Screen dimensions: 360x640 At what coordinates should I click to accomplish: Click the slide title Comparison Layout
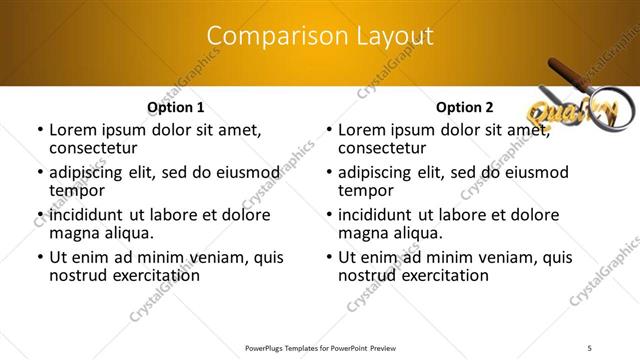(x=320, y=36)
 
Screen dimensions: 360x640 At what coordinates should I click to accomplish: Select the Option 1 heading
(x=176, y=107)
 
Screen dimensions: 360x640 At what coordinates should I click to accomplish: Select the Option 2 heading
(x=465, y=107)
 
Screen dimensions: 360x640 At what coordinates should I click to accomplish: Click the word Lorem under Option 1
(x=72, y=130)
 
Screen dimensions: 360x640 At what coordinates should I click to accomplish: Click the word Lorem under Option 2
(x=361, y=130)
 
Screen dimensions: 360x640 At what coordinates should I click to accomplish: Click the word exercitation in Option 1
(x=156, y=274)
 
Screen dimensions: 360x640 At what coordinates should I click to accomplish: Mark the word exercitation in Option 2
(x=445, y=274)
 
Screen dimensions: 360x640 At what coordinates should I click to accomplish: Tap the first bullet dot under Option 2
(x=329, y=131)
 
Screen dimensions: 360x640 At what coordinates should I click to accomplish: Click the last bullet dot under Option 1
(x=40, y=258)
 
